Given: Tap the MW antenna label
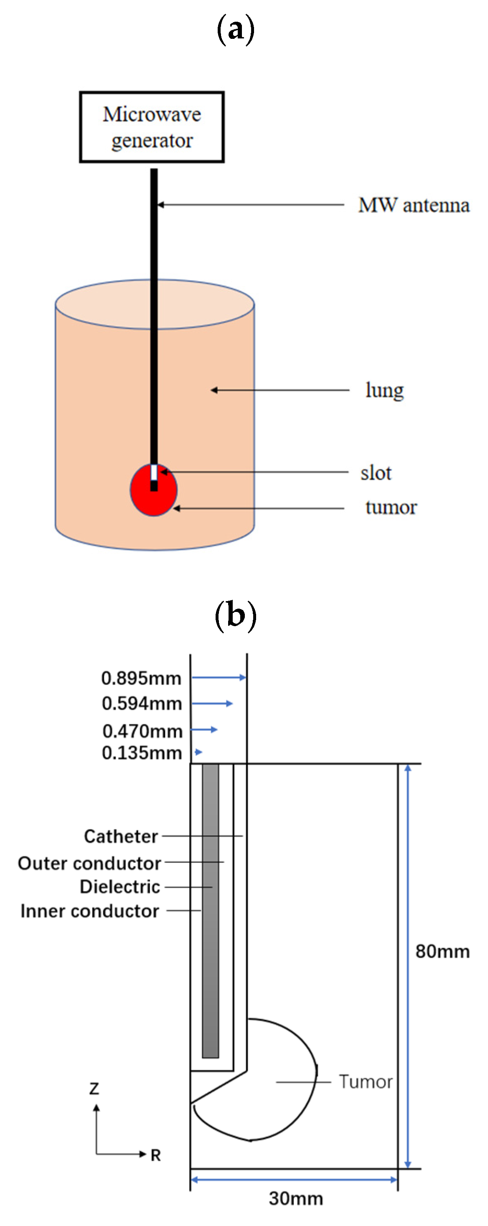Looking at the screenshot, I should pyautogui.click(x=413, y=206).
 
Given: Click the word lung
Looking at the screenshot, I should pyautogui.click(x=384, y=390).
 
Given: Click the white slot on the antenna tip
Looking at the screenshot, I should pyautogui.click(x=154, y=472).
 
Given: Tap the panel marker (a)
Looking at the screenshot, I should pyautogui.click(x=236, y=30).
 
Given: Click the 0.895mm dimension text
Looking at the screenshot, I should pyautogui.click(x=141, y=678).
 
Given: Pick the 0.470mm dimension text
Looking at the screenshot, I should pyautogui.click(x=142, y=731).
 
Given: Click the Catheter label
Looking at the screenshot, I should pyautogui.click(x=121, y=836).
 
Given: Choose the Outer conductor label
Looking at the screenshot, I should pyautogui.click(x=89, y=863).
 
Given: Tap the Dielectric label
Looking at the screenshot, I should pyautogui.click(x=120, y=887).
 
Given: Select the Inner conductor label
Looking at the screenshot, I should pyautogui.click(x=89, y=911).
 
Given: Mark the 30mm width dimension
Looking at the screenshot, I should pyautogui.click(x=296, y=1198).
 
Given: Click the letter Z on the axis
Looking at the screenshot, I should pyautogui.click(x=94, y=1089).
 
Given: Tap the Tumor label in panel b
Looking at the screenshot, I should pyautogui.click(x=365, y=1082).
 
